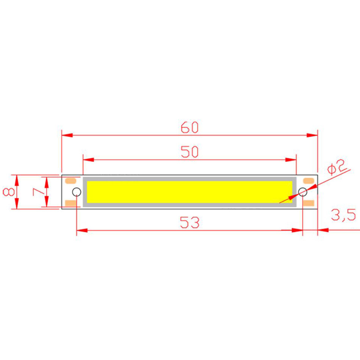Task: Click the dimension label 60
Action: [x=189, y=128]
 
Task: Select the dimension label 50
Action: [x=189, y=152]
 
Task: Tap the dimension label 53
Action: [x=189, y=223]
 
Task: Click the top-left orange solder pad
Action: [x=70, y=181]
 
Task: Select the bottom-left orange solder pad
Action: [x=70, y=203]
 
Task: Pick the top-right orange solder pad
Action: [x=308, y=181]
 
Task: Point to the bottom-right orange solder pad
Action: [x=308, y=203]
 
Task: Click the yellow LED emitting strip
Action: [x=189, y=192]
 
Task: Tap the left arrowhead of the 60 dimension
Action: [x=66, y=135]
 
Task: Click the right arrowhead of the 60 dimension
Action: [x=312, y=135]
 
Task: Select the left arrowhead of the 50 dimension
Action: [x=88, y=160]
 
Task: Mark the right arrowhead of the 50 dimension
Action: [x=291, y=160]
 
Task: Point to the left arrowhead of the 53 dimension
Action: [x=81, y=230]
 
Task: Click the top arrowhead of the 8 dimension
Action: [x=16, y=180]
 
